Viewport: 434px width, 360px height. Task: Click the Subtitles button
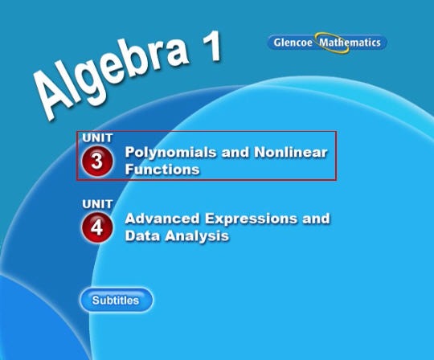[116, 301]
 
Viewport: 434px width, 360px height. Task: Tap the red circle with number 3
[97, 162]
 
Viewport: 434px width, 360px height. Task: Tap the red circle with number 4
[97, 227]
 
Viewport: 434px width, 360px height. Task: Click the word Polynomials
[170, 153]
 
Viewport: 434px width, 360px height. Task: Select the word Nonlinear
[291, 152]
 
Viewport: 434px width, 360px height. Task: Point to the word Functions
[162, 169]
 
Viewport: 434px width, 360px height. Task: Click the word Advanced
[162, 219]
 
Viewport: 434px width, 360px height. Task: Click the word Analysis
[197, 236]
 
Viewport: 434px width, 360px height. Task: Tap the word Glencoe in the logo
[293, 43]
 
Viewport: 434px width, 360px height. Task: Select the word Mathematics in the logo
[350, 43]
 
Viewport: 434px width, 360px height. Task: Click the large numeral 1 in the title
[212, 47]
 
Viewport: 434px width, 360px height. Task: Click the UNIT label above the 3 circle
[97, 137]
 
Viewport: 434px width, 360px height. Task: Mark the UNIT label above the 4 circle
[97, 204]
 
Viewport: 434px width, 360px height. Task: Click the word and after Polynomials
[235, 152]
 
